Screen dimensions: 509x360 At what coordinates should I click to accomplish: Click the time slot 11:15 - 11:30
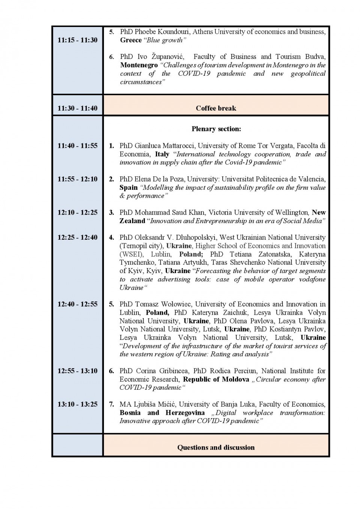coord(77,40)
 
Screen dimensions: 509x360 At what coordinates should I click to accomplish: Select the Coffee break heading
coord(216,108)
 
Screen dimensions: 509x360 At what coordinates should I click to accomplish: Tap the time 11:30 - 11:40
coord(77,108)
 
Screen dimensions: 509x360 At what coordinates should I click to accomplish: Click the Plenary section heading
coord(216,129)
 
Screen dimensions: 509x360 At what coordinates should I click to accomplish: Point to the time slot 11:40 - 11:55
coord(77,146)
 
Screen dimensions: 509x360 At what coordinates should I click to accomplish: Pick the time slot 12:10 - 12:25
coord(77,213)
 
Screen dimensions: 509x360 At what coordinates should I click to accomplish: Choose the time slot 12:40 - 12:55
coord(77,304)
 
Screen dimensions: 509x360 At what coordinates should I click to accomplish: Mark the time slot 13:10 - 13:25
coord(77,404)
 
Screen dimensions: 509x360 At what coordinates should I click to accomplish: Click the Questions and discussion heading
coord(216,447)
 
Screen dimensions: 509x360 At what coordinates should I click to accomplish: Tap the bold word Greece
coord(131,40)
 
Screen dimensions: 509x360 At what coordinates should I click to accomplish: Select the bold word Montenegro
coord(139,65)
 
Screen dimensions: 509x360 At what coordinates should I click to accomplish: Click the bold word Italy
coord(162,154)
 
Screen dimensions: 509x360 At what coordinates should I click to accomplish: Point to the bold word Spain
coord(129,188)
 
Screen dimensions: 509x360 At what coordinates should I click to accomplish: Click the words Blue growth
coord(165,40)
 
